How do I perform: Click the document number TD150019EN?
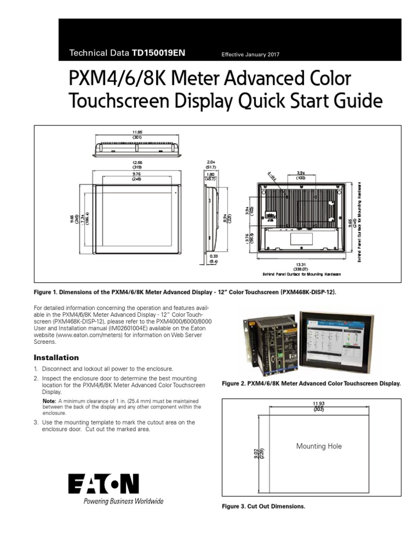159,53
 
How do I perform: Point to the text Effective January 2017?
250,54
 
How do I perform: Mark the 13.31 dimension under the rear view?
301,265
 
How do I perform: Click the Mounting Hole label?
319,446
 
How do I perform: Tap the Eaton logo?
104,484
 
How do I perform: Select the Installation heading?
56,357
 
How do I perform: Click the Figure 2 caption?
311,384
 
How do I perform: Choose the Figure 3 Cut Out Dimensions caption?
263,506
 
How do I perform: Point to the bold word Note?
49,401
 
